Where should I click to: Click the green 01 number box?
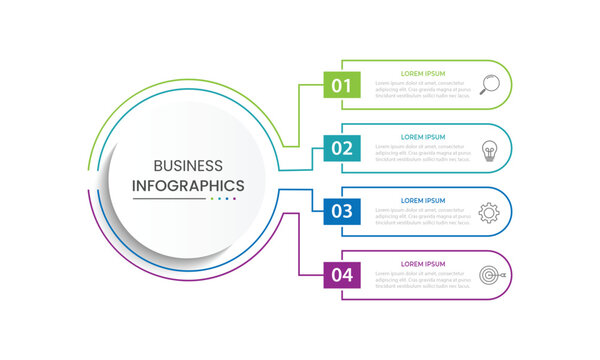click(x=342, y=85)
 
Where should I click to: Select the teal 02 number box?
click(x=342, y=148)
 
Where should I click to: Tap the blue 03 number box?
click(x=342, y=211)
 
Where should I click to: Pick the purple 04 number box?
click(x=342, y=274)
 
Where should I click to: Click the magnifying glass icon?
click(x=489, y=85)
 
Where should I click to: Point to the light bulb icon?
click(x=489, y=149)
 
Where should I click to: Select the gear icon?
click(x=489, y=212)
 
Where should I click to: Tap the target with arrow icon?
click(x=490, y=274)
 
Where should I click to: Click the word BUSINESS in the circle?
click(x=189, y=166)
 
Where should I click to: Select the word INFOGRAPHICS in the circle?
click(x=189, y=185)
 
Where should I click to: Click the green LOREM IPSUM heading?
click(x=421, y=73)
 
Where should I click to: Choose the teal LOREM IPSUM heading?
click(x=421, y=136)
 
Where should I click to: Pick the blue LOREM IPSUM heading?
click(x=421, y=199)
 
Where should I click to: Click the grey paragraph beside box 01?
click(x=421, y=90)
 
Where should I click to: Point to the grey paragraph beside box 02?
click(x=421, y=153)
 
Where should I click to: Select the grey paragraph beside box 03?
click(x=421, y=216)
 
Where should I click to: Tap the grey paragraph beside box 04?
click(x=421, y=279)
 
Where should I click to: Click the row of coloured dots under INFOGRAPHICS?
click(x=223, y=199)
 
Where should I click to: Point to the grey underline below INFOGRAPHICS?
click(x=169, y=199)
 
